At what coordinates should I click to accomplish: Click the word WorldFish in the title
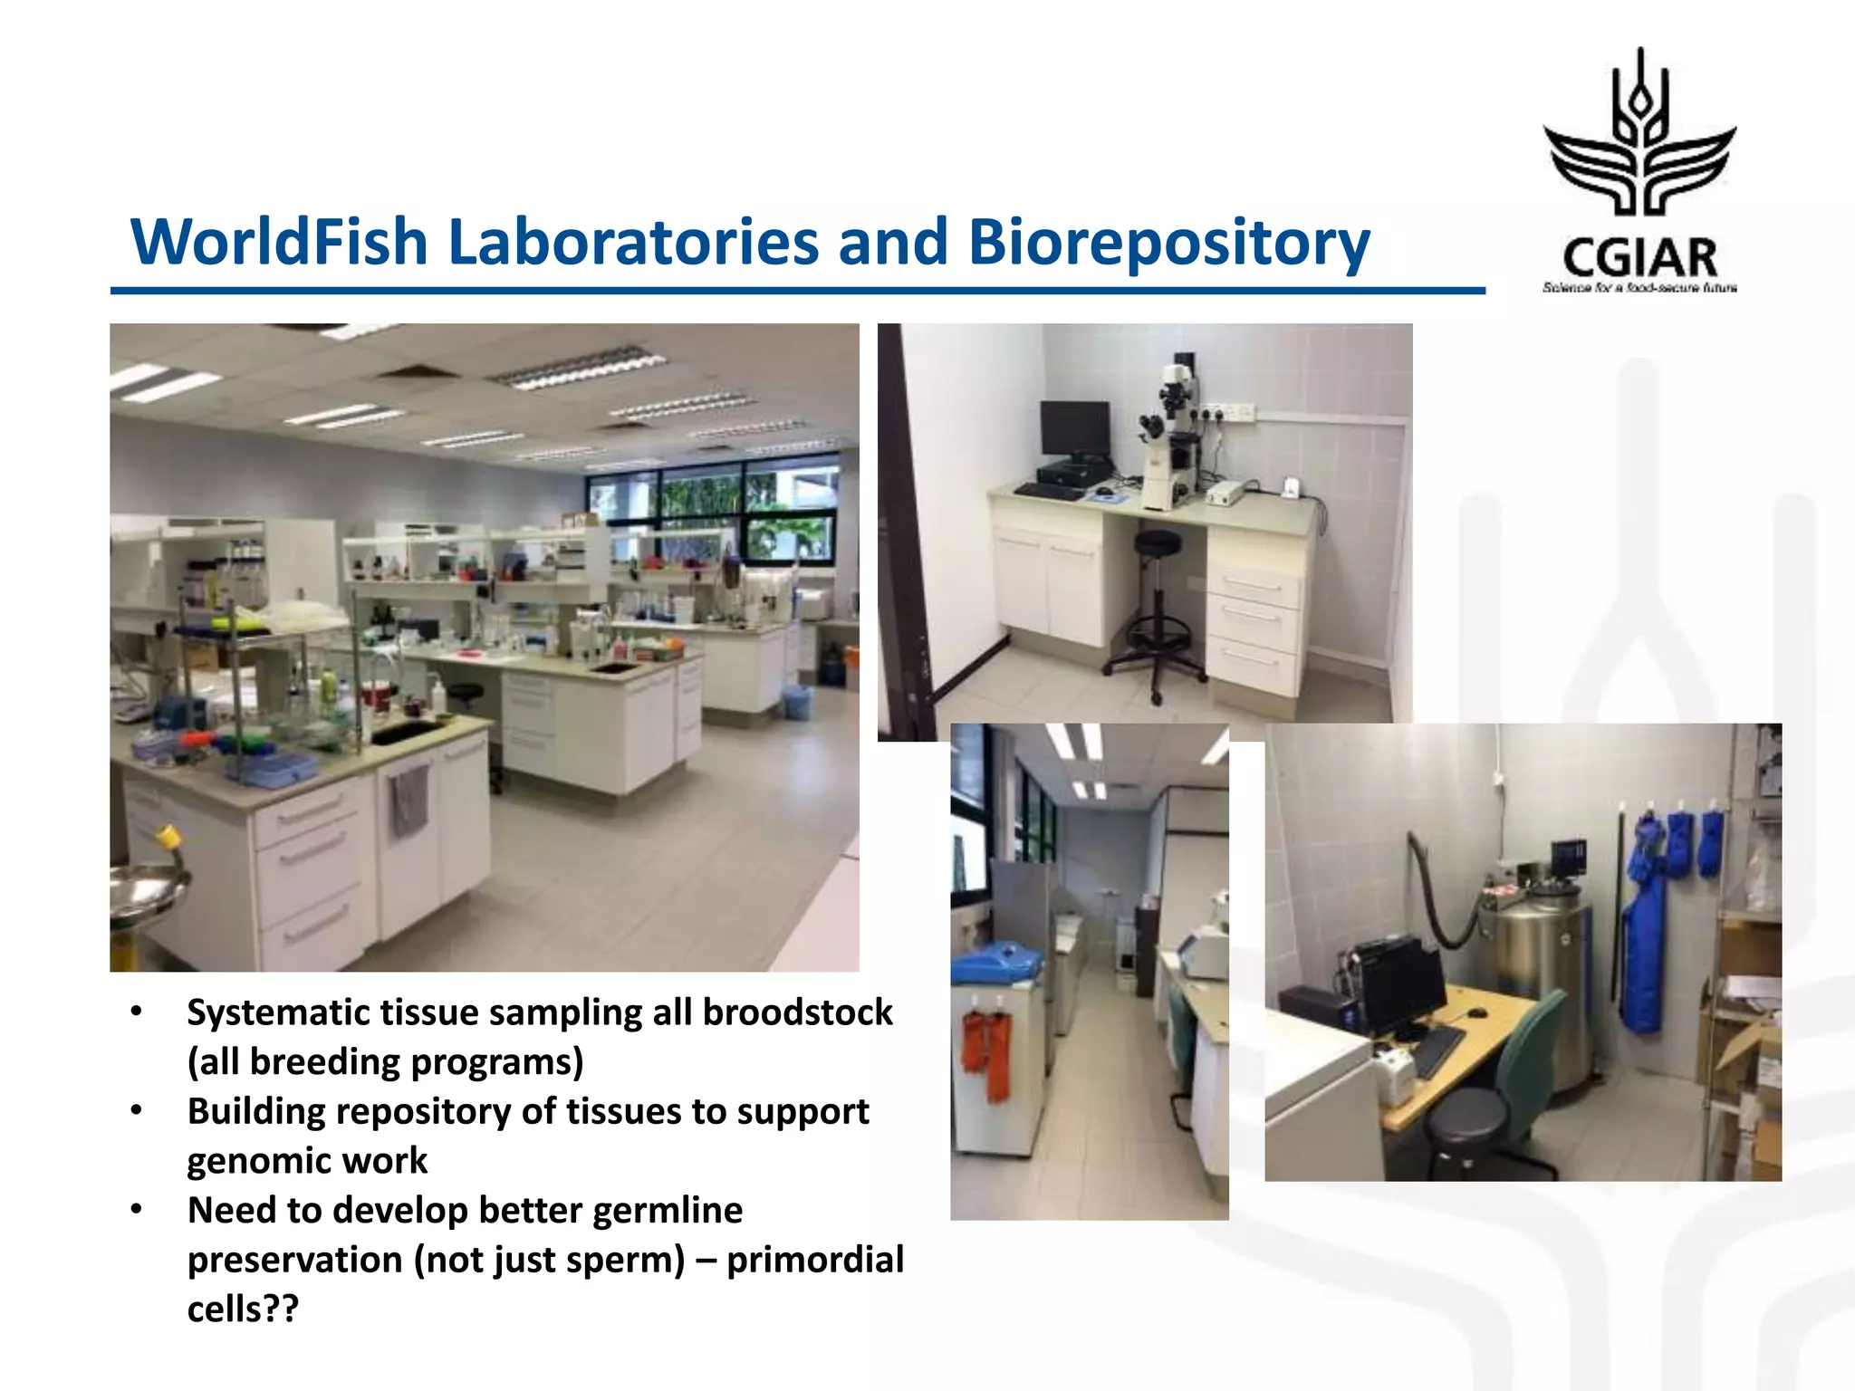click(279, 243)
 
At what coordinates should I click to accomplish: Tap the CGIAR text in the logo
click(1639, 258)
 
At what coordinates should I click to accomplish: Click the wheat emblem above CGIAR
click(1639, 136)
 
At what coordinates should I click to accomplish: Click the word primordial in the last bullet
click(815, 1260)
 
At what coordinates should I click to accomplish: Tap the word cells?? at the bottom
click(242, 1309)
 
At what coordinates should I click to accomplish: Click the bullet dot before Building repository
click(137, 1110)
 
